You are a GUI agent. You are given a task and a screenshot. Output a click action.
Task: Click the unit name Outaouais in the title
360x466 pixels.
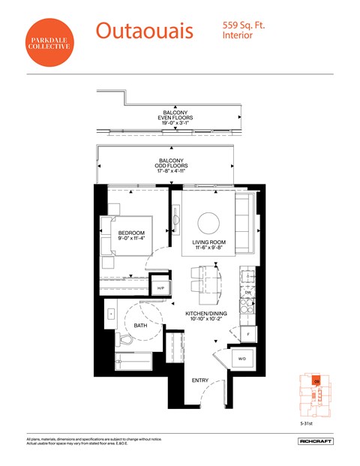click(144, 31)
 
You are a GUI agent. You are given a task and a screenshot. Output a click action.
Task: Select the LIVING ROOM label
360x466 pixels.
click(208, 242)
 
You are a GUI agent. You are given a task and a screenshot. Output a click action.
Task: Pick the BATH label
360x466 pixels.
click(141, 326)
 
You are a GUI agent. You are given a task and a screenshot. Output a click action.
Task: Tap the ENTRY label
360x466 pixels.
click(200, 380)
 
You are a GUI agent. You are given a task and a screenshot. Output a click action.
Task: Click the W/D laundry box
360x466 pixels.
click(243, 359)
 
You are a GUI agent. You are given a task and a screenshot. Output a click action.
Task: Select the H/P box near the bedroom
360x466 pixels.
click(160, 286)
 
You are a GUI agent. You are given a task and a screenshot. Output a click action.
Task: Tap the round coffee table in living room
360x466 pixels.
click(208, 222)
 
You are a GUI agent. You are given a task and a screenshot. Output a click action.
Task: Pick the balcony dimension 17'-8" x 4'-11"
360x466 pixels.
click(171, 171)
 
